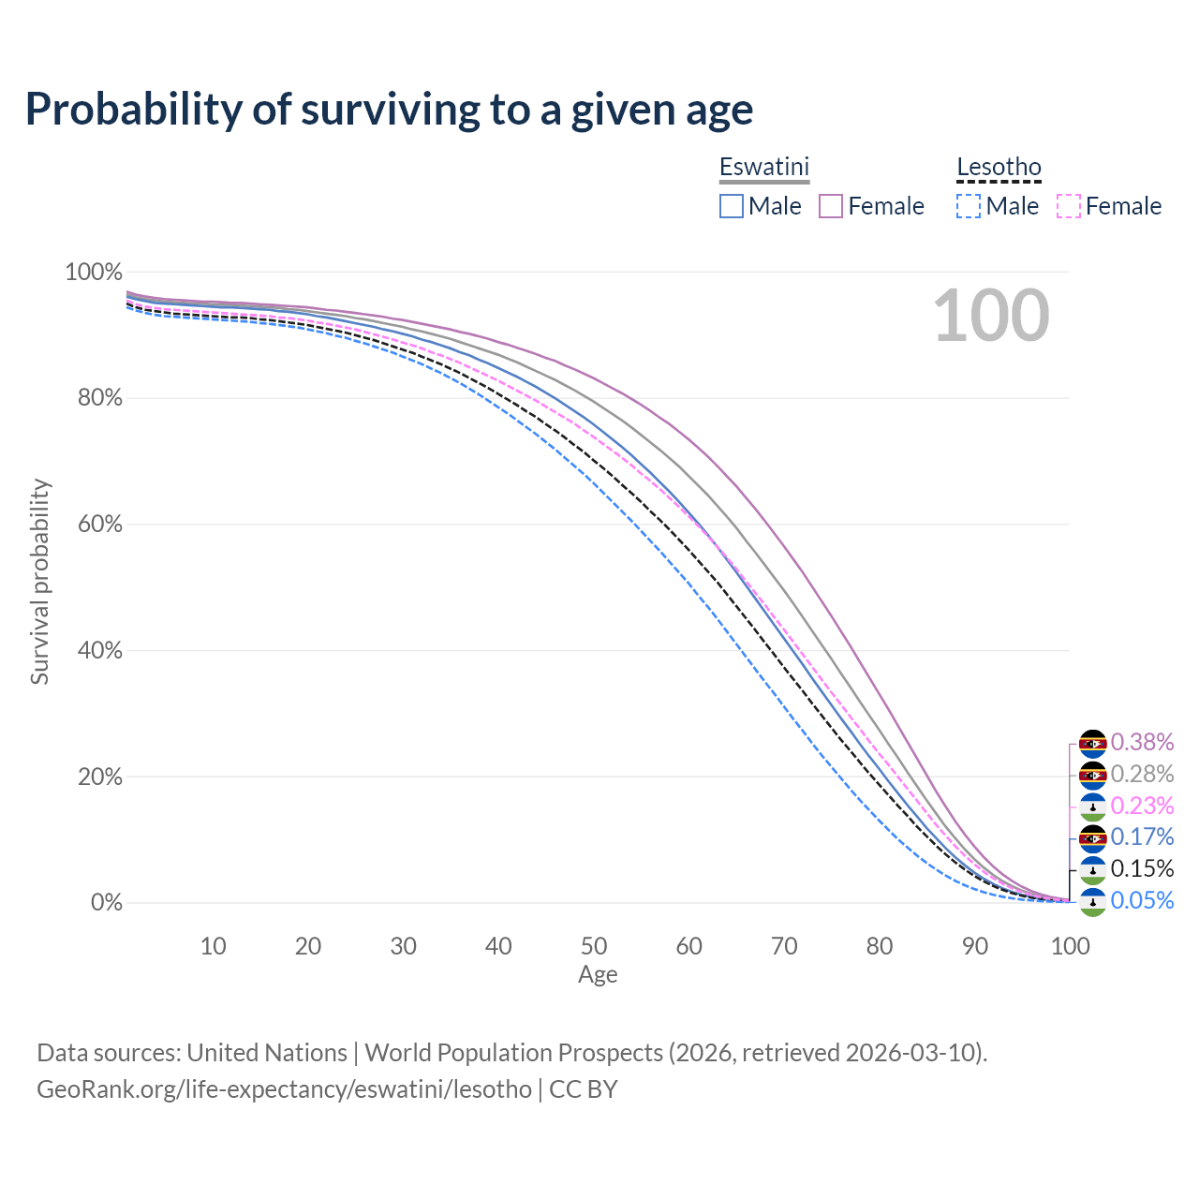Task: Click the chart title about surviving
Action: coord(389,110)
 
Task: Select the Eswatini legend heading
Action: coord(763,167)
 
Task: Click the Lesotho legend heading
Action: coord(999,167)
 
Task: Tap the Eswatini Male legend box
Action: coord(732,206)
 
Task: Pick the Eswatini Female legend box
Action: coord(832,206)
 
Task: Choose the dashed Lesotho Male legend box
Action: coord(969,206)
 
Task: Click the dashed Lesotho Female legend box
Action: coord(1069,206)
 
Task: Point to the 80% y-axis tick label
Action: coord(94,398)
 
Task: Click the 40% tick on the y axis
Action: coord(94,650)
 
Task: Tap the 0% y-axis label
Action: coord(106,903)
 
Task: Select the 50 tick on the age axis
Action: coord(594,946)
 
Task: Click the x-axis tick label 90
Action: coord(975,946)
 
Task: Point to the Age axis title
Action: coord(598,975)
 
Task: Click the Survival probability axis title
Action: coord(39,582)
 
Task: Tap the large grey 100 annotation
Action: coord(991,316)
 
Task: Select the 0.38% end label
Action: coord(1142,743)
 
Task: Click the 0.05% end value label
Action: coord(1142,901)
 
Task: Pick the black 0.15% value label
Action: coord(1142,869)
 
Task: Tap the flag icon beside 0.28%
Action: coord(1093,775)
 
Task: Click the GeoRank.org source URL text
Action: coord(284,1089)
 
